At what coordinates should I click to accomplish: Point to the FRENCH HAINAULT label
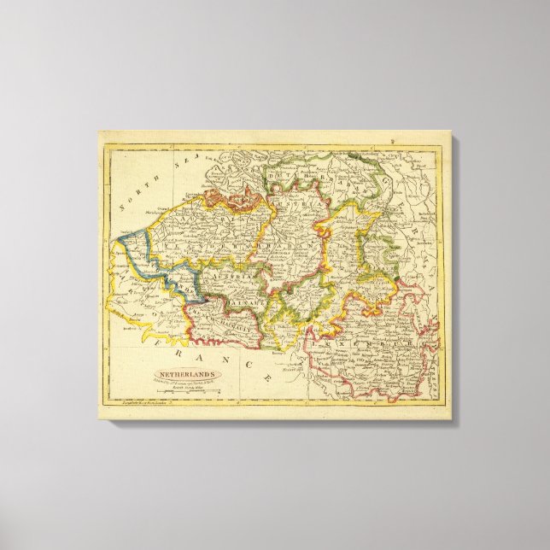(224, 319)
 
